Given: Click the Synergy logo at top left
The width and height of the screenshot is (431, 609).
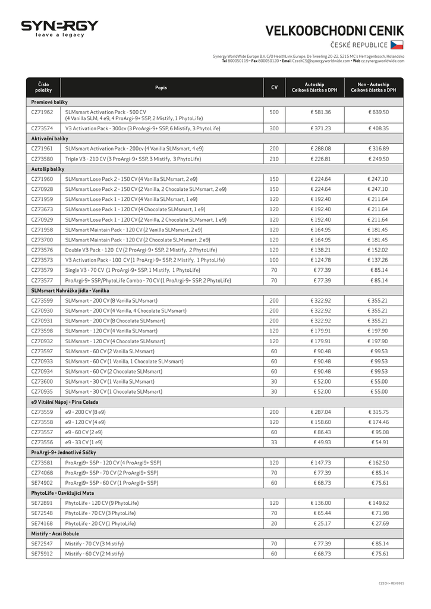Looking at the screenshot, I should pos(59,28).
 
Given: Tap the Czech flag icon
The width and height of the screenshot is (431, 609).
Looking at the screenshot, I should pos(397,45).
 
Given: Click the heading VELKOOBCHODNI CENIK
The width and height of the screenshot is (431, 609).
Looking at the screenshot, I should pos(334,31).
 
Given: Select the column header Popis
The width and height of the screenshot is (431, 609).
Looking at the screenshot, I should pos(161,87).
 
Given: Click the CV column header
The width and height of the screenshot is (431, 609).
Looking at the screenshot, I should pos(274,87).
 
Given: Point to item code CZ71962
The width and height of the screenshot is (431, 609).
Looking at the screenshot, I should pos(42,112).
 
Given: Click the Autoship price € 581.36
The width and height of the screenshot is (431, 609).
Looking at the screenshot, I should pos(320,112).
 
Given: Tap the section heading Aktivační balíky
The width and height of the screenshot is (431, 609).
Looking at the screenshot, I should pos(50,138).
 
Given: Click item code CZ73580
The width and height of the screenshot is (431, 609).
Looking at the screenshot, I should pos(42,159).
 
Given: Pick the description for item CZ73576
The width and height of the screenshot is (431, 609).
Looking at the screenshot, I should pos(141,250).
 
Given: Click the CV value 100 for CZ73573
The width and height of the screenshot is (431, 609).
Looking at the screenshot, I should pos(274,260).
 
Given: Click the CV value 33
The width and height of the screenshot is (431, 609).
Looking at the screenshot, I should pos(274,442).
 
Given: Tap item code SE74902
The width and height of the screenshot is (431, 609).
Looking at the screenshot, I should pos(42,483).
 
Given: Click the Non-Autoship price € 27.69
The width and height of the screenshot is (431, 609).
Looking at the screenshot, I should pos(379,523).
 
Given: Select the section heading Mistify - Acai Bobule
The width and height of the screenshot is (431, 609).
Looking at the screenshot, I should pos(55,533).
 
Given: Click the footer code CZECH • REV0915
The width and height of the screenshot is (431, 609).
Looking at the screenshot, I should pos(391,583).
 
